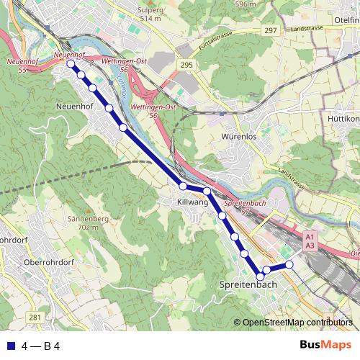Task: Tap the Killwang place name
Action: [193, 204]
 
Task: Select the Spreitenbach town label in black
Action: [247, 285]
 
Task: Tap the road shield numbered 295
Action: [187, 64]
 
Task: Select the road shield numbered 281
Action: [35, 317]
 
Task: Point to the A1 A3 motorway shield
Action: [310, 241]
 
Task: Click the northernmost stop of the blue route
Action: [71, 64]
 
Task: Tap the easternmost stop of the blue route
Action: [289, 265]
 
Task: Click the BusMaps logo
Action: [325, 346]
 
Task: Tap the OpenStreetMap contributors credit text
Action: [297, 322]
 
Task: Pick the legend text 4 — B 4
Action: [40, 346]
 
